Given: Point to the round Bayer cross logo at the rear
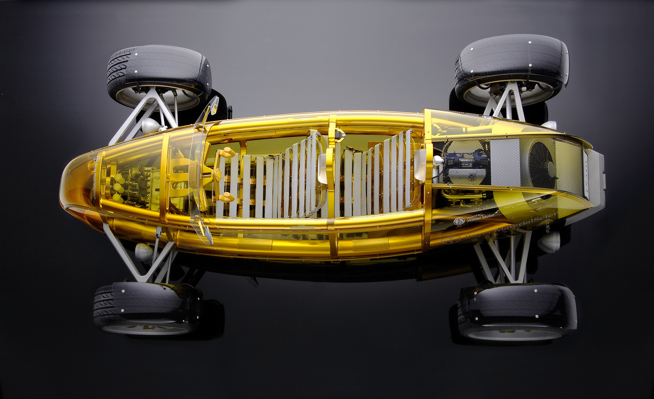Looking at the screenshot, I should coord(447,240).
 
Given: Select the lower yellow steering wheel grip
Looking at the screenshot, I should coord(225,197).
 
